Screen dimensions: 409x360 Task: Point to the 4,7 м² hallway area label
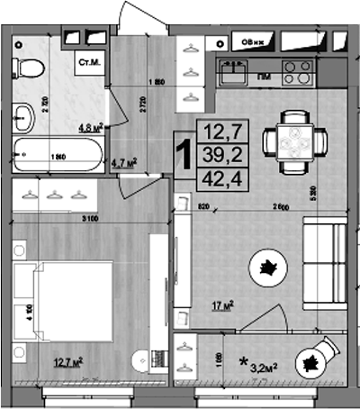click(x=123, y=163)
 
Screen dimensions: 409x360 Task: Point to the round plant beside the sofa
click(x=268, y=266)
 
